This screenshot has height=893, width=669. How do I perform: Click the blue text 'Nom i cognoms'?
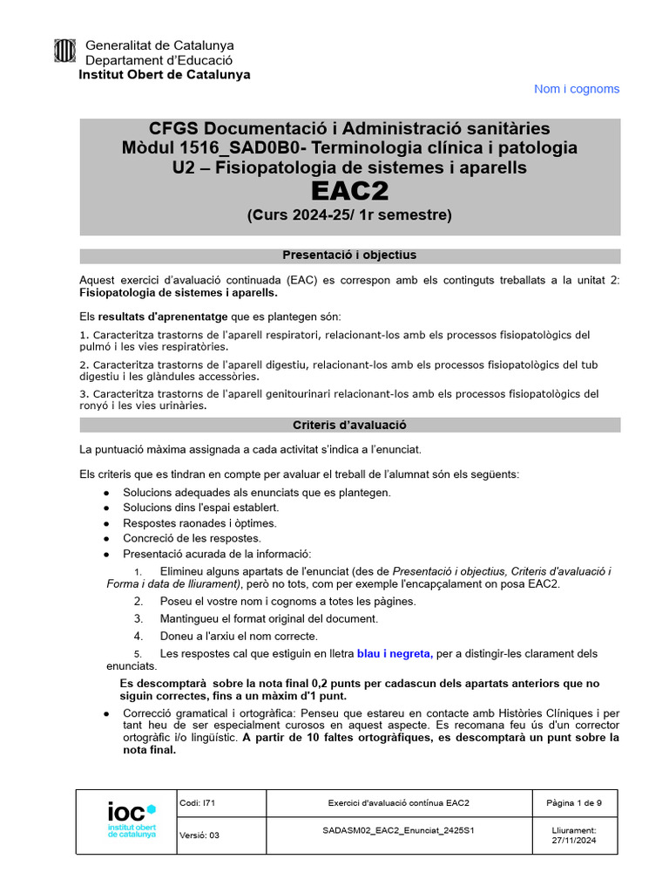[x=576, y=89]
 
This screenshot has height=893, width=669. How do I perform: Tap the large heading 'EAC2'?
[x=349, y=191]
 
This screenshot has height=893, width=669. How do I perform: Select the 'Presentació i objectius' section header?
[x=349, y=256]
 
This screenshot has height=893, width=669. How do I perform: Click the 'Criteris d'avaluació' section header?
[x=349, y=425]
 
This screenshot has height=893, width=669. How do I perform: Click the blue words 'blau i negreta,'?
[x=395, y=653]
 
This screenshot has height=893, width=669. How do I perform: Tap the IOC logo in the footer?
[x=131, y=820]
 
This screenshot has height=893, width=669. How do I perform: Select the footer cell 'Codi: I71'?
[x=194, y=802]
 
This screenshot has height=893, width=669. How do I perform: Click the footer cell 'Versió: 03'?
[x=199, y=835]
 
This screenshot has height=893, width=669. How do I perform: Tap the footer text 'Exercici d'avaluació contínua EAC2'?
[x=398, y=802]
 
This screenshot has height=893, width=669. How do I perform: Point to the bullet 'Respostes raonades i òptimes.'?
[x=199, y=523]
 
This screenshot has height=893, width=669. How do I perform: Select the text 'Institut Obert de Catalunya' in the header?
[x=164, y=75]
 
